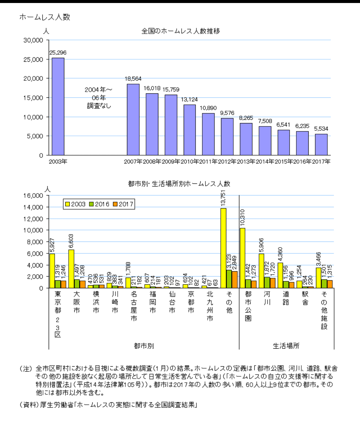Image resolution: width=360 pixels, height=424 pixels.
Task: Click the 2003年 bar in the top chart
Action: [58, 107]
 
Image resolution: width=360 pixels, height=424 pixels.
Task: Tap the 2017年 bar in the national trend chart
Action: [321, 145]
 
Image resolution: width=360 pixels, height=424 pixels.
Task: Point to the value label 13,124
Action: [189, 99]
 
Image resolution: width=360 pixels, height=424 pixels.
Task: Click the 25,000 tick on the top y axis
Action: [33, 59]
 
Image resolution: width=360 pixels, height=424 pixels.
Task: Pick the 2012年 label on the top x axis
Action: [227, 162]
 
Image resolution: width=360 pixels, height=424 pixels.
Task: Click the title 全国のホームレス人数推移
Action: [181, 31]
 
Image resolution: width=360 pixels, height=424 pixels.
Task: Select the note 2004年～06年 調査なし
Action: [99, 98]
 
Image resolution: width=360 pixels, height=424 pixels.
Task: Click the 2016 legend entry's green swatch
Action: [91, 204]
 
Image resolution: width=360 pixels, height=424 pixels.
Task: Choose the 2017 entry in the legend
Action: [123, 204]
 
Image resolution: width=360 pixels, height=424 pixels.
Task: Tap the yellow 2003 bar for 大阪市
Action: [71, 269]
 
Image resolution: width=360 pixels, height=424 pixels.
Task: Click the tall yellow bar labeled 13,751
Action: [223, 248]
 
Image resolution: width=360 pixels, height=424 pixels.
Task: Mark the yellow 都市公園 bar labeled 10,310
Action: [242, 258]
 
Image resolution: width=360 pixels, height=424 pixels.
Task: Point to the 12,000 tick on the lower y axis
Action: [33, 219]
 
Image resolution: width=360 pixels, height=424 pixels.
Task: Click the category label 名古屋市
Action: [134, 306]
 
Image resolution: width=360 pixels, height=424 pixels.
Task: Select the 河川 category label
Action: [267, 298]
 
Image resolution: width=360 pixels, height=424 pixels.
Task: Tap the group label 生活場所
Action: [286, 346]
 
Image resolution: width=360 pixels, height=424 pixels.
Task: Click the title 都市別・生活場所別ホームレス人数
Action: [179, 184]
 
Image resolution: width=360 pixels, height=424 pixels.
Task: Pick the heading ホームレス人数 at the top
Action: [45, 17]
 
